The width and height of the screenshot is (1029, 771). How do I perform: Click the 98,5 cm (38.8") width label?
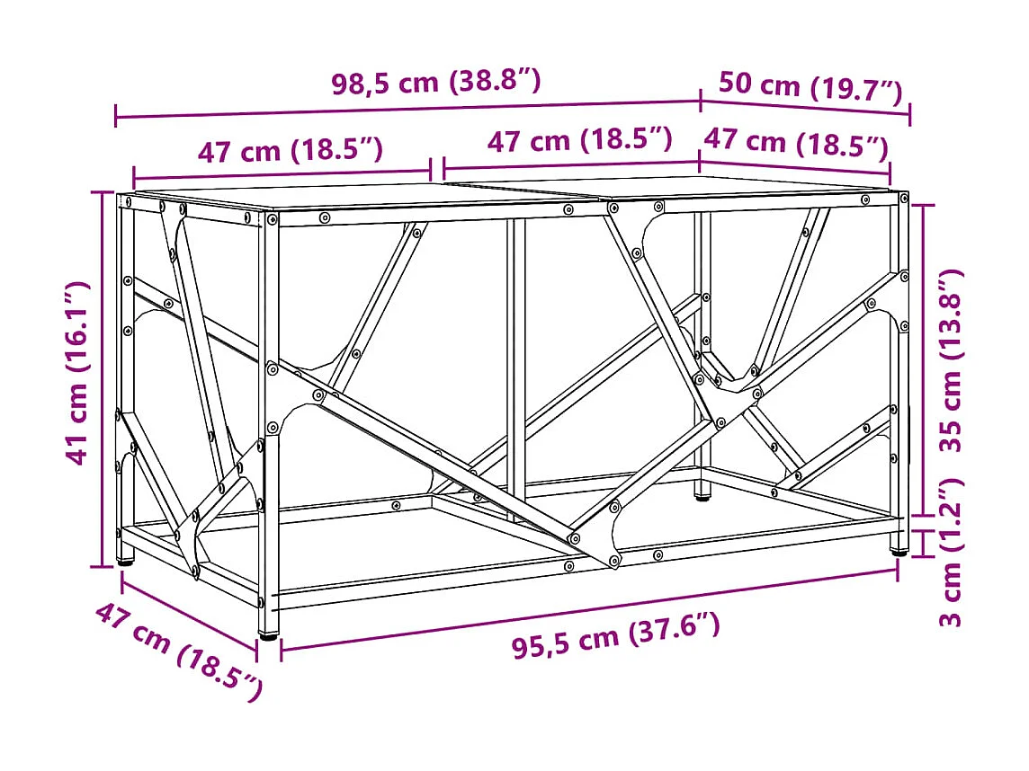coord(436,83)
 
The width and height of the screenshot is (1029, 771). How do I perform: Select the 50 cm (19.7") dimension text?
coord(810,87)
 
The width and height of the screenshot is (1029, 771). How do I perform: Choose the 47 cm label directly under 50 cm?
coord(796,143)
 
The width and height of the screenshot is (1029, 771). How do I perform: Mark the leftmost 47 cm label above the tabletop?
coord(290,151)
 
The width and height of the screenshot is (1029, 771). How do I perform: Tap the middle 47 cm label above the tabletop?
coord(580,141)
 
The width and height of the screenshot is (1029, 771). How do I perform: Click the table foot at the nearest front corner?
coord(268,634)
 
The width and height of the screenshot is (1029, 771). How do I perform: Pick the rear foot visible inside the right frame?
coord(701,492)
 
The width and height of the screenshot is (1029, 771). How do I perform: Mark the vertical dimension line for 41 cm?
coord(101,377)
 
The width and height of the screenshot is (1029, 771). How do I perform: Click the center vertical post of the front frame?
coord(516,359)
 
